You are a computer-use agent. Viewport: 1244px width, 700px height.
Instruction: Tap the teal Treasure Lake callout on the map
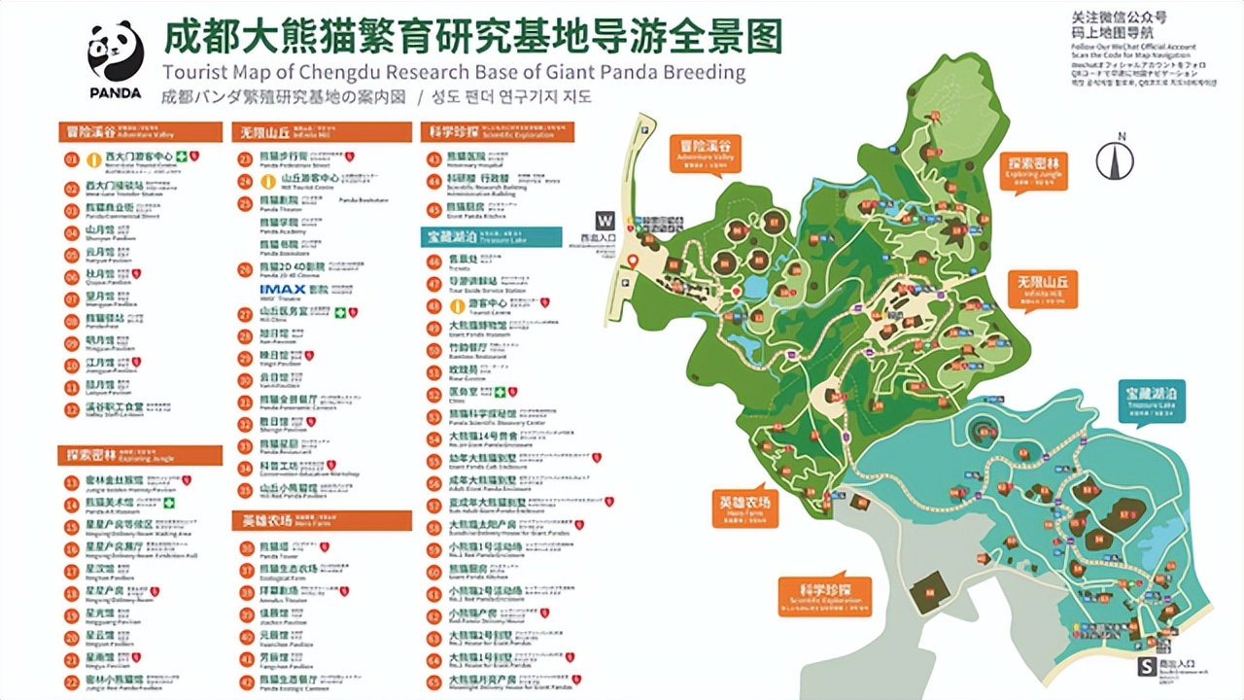[x=1152, y=401]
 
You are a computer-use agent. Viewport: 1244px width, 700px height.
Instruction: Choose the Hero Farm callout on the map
[x=744, y=507]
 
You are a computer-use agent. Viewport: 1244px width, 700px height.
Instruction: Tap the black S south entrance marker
[x=1148, y=667]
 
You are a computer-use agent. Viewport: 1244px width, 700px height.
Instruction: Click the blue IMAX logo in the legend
[x=283, y=289]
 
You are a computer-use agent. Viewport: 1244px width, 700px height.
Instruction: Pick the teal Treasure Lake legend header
[x=491, y=237]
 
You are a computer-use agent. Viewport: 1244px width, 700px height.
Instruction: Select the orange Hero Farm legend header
[x=322, y=521]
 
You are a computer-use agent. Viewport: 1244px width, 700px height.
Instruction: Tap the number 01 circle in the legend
[x=71, y=158]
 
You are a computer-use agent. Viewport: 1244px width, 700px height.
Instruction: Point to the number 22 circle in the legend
[x=71, y=680]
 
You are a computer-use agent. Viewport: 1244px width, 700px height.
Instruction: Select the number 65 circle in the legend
[x=433, y=680]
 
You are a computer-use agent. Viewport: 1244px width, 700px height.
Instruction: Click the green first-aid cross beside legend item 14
[x=168, y=504]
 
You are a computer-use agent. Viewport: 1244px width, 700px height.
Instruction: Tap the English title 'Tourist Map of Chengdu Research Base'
[x=454, y=72]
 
